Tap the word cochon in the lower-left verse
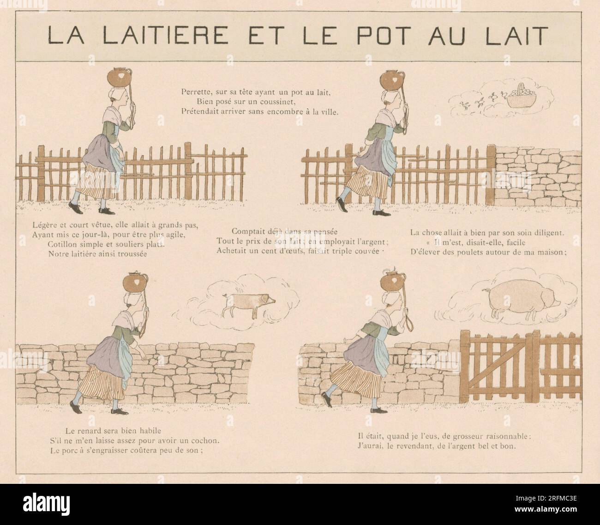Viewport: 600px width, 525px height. [x=208, y=440]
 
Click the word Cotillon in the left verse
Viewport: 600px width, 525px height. [x=64, y=244]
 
